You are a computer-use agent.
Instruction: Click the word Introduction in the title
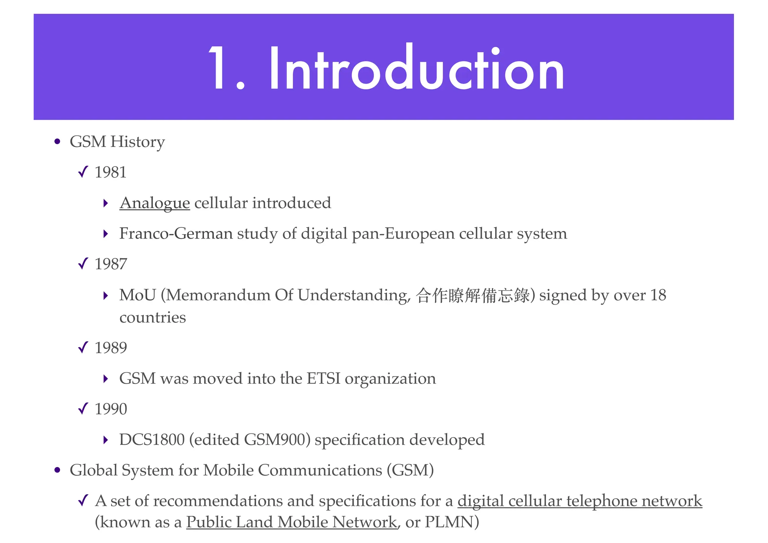coord(416,69)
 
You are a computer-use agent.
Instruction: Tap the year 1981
coord(111,172)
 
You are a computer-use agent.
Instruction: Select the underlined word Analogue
coord(154,203)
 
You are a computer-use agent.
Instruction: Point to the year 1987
coord(111,264)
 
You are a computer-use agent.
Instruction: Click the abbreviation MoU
coord(137,295)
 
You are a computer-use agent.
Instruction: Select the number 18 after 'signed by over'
coord(658,295)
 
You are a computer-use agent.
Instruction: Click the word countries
coord(153,318)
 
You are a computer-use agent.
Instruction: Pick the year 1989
coord(111,348)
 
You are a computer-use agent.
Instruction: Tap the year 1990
coord(111,409)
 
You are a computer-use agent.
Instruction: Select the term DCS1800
coord(152,440)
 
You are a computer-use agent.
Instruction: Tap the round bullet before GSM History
coord(57,142)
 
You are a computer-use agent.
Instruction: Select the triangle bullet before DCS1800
coord(106,440)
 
